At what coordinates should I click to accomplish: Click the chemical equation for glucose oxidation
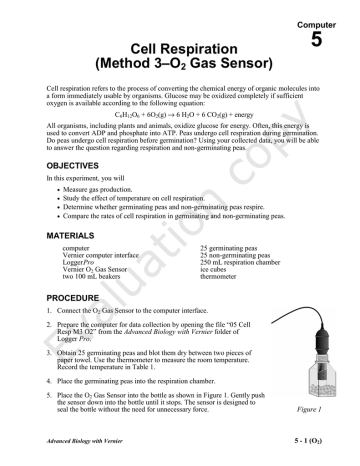click(179, 115)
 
